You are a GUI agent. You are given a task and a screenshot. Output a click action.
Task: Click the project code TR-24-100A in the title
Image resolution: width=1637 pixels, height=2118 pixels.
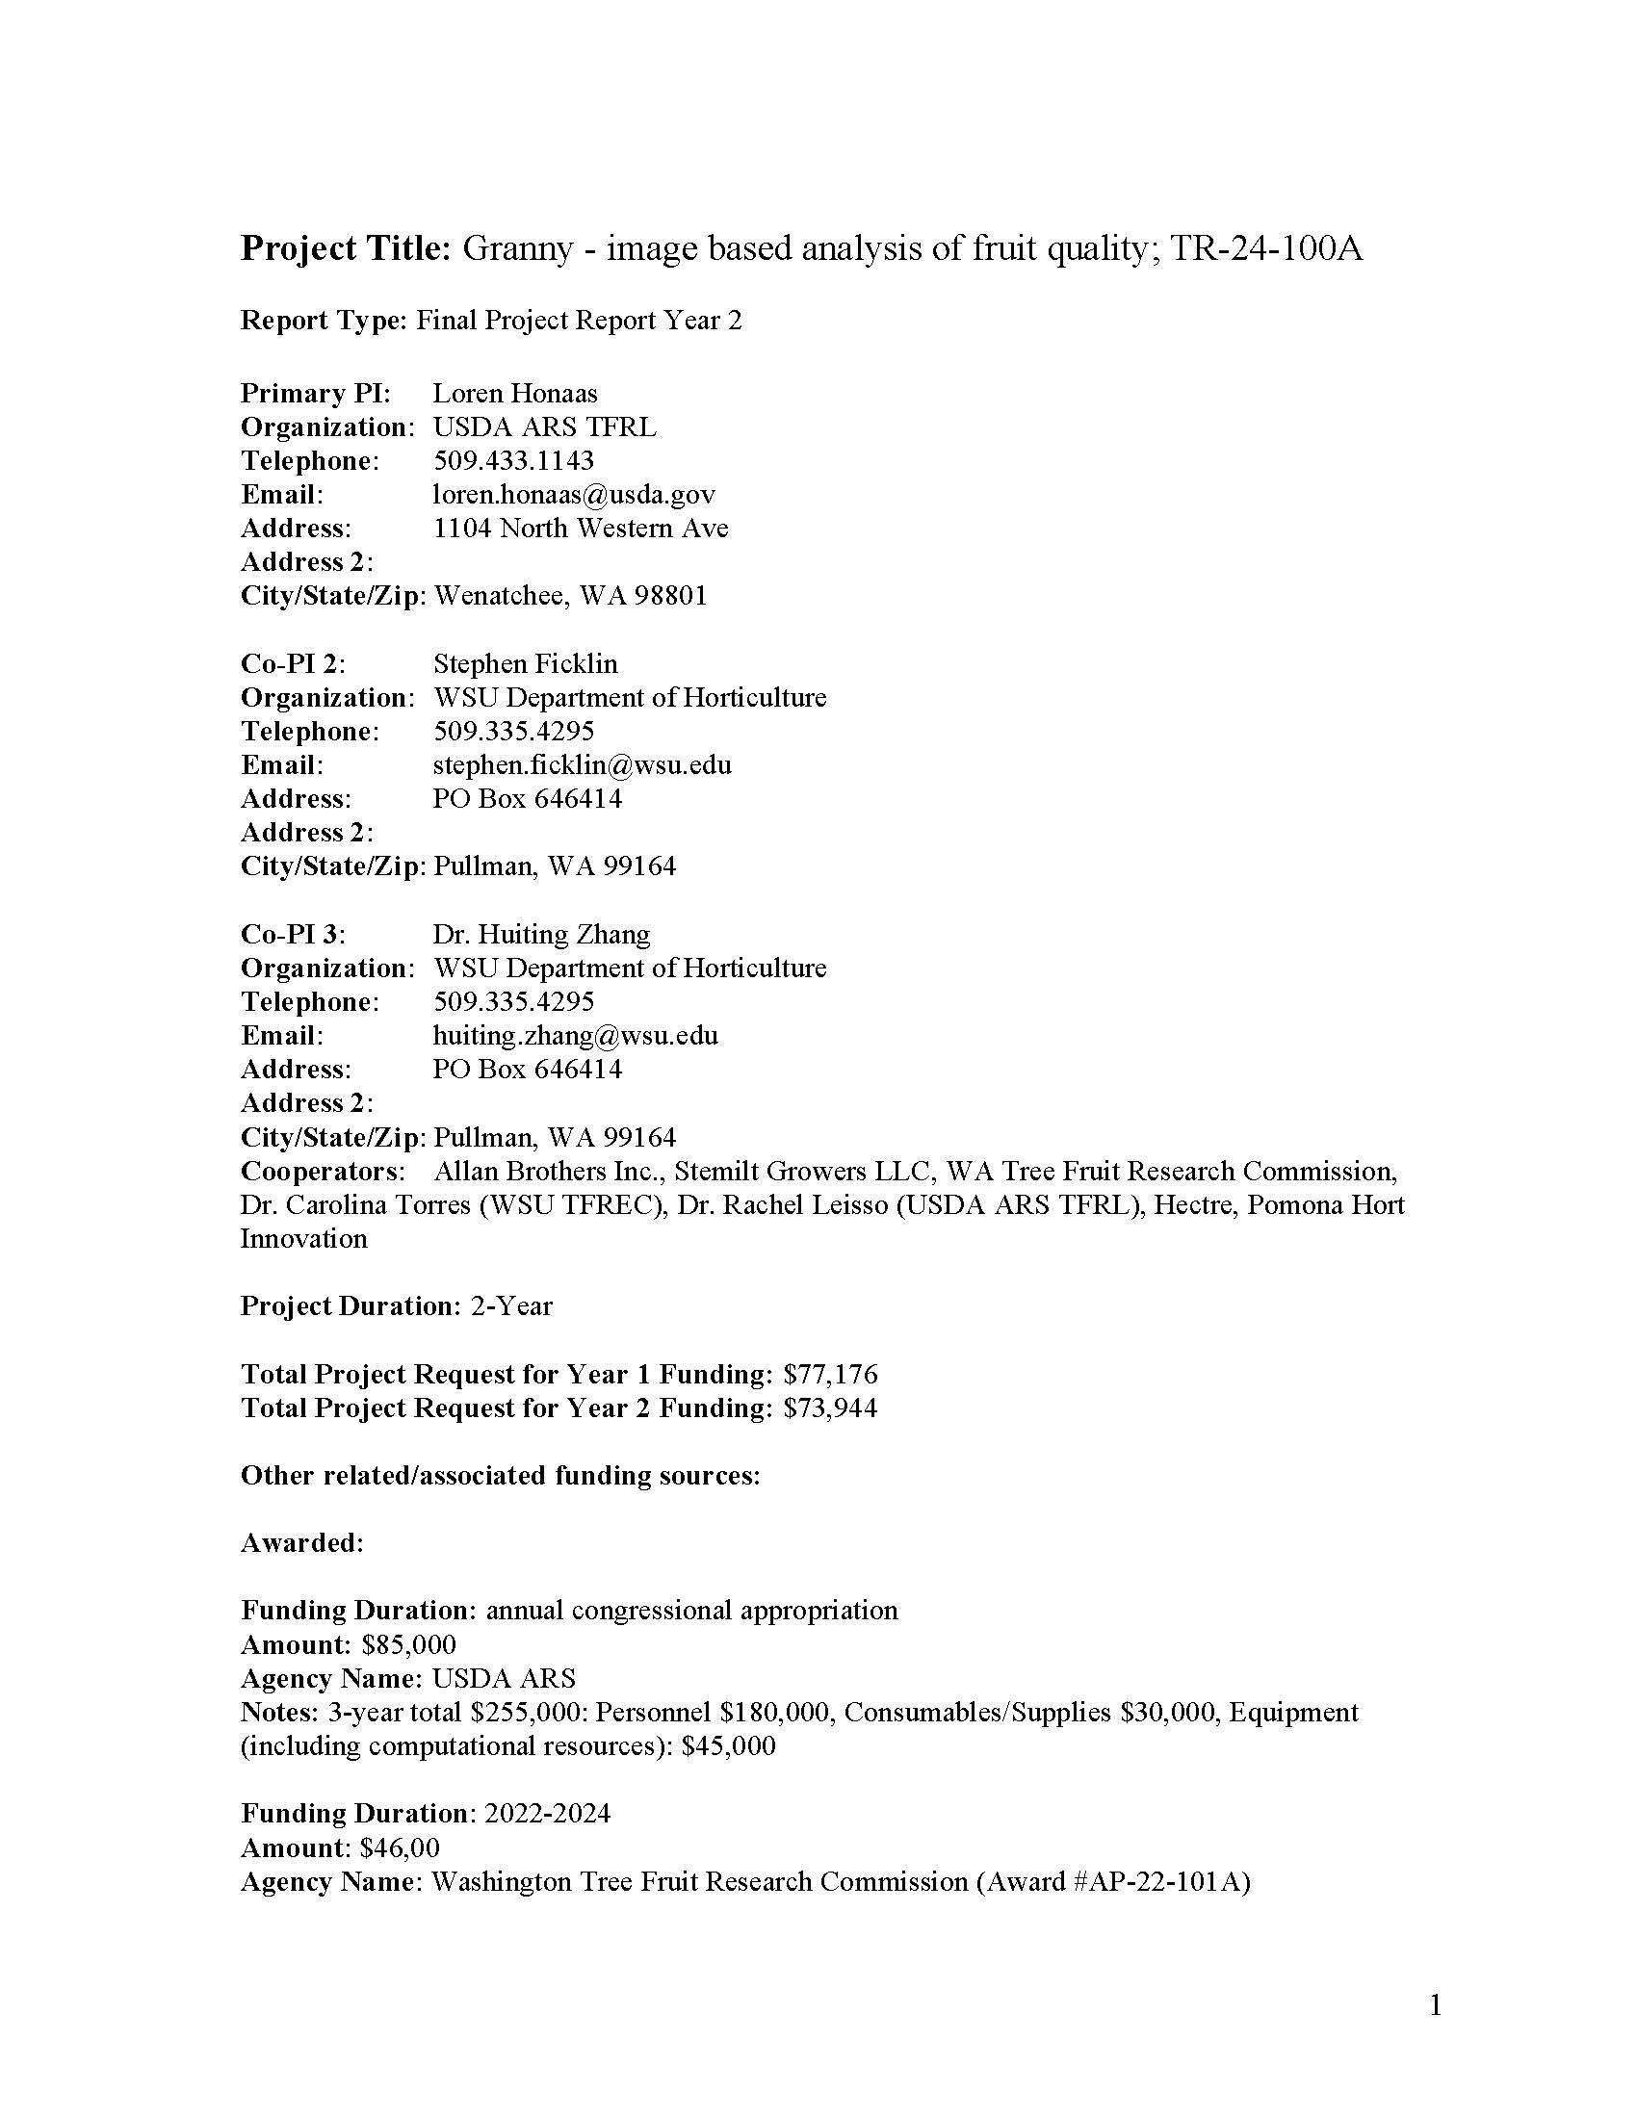tap(1265, 249)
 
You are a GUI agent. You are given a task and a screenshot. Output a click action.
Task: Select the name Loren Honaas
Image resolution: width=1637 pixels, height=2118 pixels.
tap(515, 393)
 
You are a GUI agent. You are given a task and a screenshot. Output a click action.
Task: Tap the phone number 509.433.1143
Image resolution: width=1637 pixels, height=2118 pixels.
tap(513, 460)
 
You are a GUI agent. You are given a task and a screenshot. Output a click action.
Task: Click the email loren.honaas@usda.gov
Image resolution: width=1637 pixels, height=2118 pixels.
tap(573, 495)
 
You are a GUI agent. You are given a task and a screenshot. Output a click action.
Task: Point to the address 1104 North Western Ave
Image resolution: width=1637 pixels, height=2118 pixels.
tap(580, 528)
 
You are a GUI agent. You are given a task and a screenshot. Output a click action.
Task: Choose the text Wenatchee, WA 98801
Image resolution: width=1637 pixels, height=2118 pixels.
tap(570, 595)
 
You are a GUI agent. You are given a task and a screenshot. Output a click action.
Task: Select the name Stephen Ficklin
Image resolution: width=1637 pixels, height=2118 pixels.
tap(525, 663)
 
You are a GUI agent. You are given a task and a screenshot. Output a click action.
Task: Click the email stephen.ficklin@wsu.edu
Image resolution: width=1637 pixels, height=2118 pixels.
tap(582, 765)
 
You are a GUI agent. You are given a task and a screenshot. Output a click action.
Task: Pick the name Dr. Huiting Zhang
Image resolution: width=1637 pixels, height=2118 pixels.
tap(541, 934)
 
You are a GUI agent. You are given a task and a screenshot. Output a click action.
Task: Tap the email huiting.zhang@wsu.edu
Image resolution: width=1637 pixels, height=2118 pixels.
tap(575, 1036)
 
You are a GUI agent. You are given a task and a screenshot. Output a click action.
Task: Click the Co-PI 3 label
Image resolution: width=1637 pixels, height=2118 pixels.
tap(293, 934)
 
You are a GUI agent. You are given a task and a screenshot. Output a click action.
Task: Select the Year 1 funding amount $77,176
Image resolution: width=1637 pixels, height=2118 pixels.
tap(830, 1374)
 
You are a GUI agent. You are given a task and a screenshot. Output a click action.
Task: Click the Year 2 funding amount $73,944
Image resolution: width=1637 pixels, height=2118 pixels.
tap(830, 1408)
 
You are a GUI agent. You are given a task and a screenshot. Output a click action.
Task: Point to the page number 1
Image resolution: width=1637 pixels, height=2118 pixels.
tap(1436, 2005)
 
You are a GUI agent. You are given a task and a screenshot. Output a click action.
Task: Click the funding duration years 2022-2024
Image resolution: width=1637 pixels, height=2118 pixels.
tap(548, 1814)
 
